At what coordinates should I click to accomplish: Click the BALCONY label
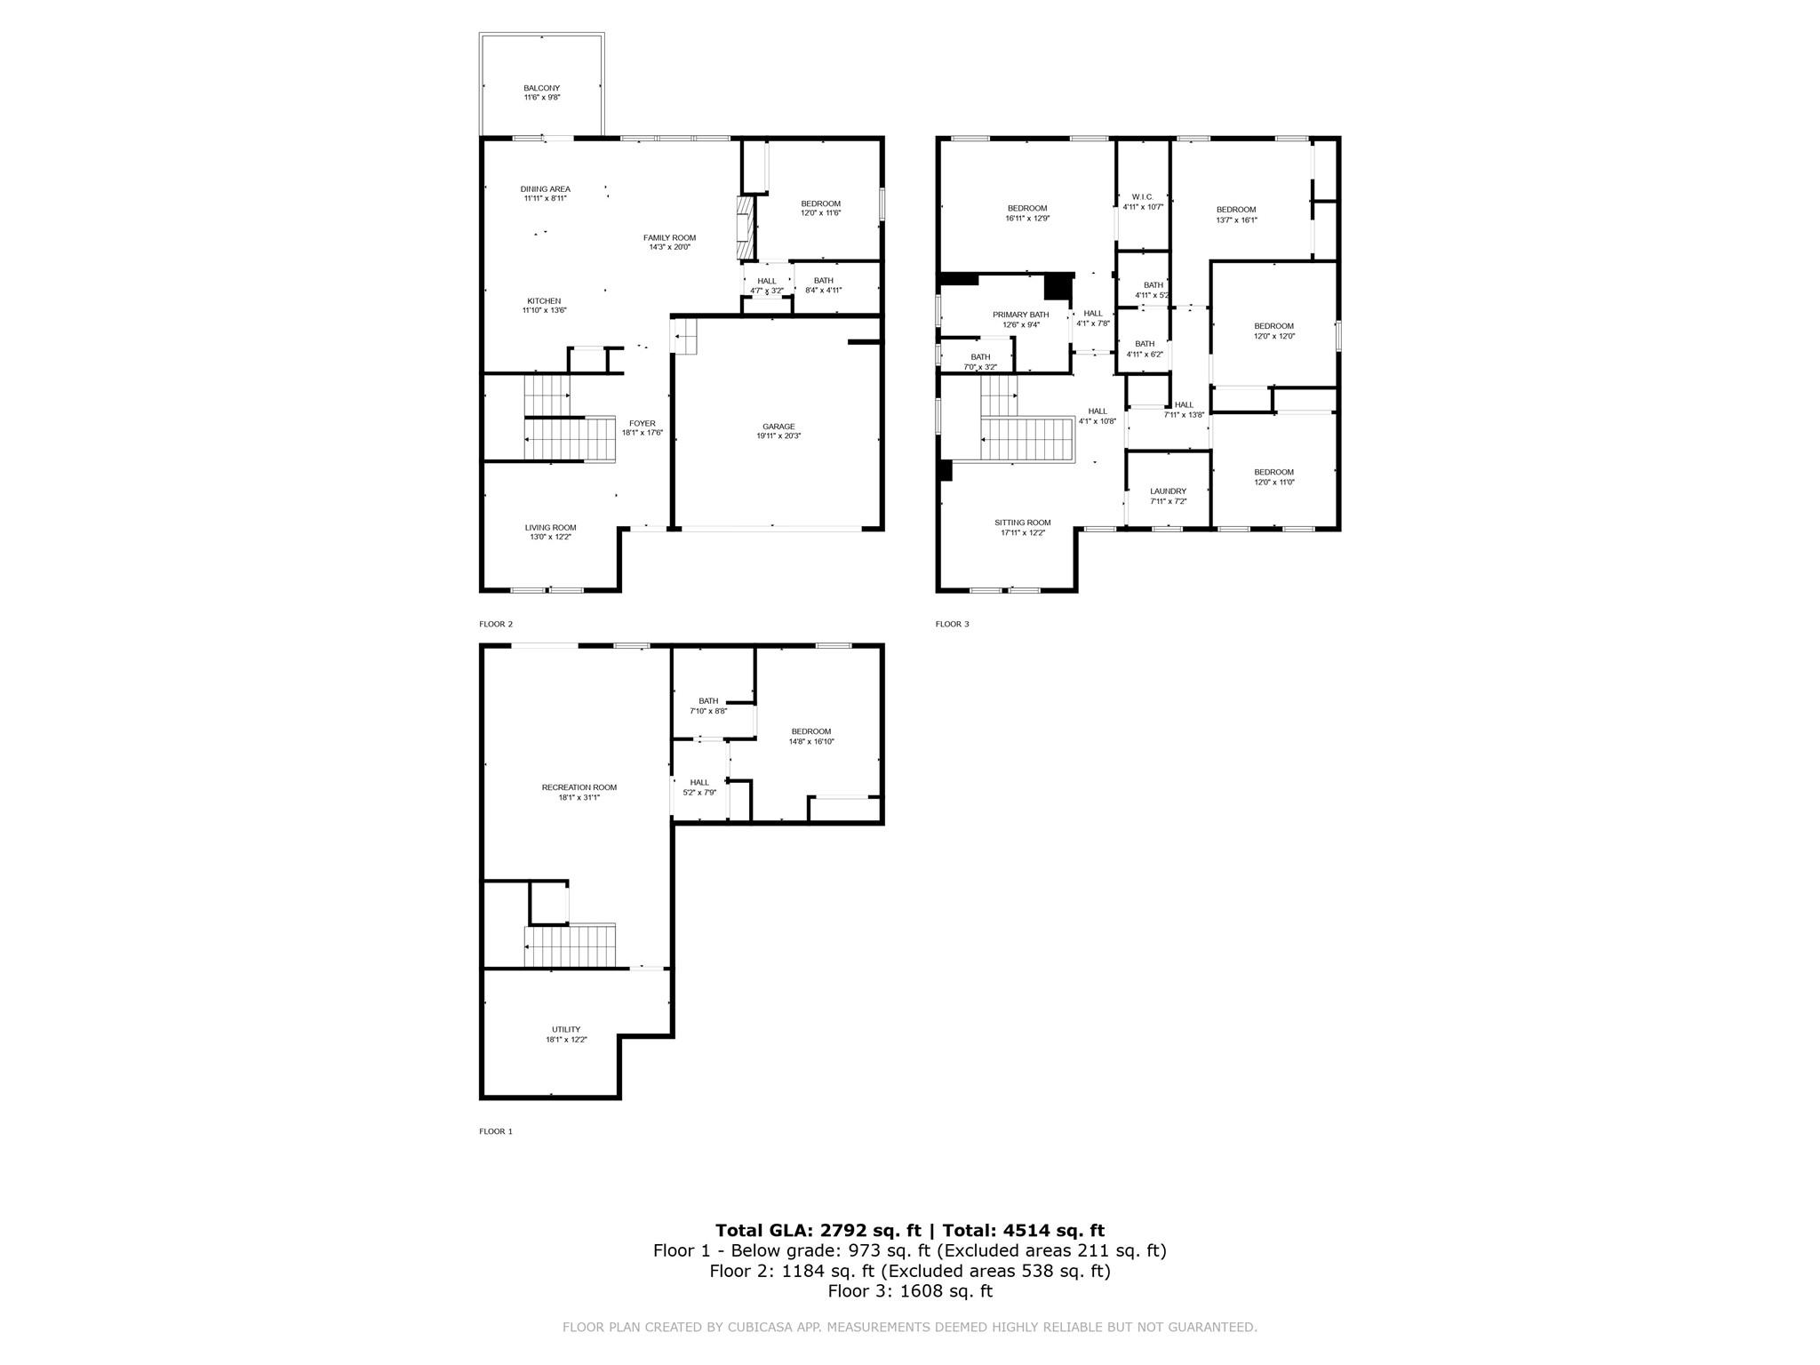(541, 88)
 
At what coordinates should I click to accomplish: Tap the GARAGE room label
(778, 427)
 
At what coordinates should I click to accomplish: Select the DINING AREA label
(545, 189)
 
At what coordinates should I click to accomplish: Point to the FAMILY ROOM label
(669, 238)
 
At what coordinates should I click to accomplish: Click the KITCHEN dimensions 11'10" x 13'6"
(544, 311)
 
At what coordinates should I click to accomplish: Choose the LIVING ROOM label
(550, 528)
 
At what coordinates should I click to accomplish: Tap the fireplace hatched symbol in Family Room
(744, 228)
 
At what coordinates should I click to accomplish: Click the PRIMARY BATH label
(1020, 315)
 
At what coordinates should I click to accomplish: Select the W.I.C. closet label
(1142, 197)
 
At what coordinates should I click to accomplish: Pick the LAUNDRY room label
(1168, 491)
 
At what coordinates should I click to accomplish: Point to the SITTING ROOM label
(1022, 523)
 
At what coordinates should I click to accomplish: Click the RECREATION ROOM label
(579, 787)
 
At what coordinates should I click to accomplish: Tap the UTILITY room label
(566, 1030)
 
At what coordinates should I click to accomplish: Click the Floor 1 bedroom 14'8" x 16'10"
(810, 737)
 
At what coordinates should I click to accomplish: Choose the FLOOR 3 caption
(952, 624)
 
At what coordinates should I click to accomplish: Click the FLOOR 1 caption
(496, 1131)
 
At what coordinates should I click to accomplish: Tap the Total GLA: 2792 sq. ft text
(818, 1230)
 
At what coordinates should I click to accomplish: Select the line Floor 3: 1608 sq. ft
(909, 1291)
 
